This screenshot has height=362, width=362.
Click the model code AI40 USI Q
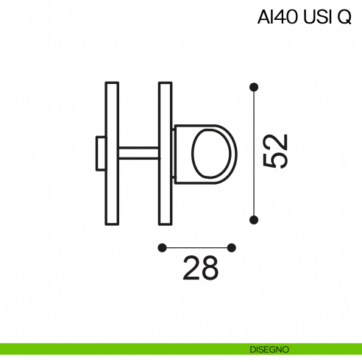(304, 17)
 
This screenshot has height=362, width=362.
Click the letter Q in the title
(344, 17)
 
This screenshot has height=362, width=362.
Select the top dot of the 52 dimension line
(254, 87)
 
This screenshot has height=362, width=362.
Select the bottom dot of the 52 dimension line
(254, 219)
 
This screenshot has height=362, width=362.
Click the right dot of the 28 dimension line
(232, 247)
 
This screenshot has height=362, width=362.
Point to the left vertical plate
(112, 153)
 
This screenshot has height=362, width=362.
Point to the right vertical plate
(165, 153)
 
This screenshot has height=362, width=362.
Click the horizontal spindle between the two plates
(138, 153)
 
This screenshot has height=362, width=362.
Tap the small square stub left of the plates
(100, 153)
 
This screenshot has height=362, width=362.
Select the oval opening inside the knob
(214, 153)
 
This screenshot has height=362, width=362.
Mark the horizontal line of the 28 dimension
(196, 247)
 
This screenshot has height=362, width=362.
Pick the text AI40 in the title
(278, 17)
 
